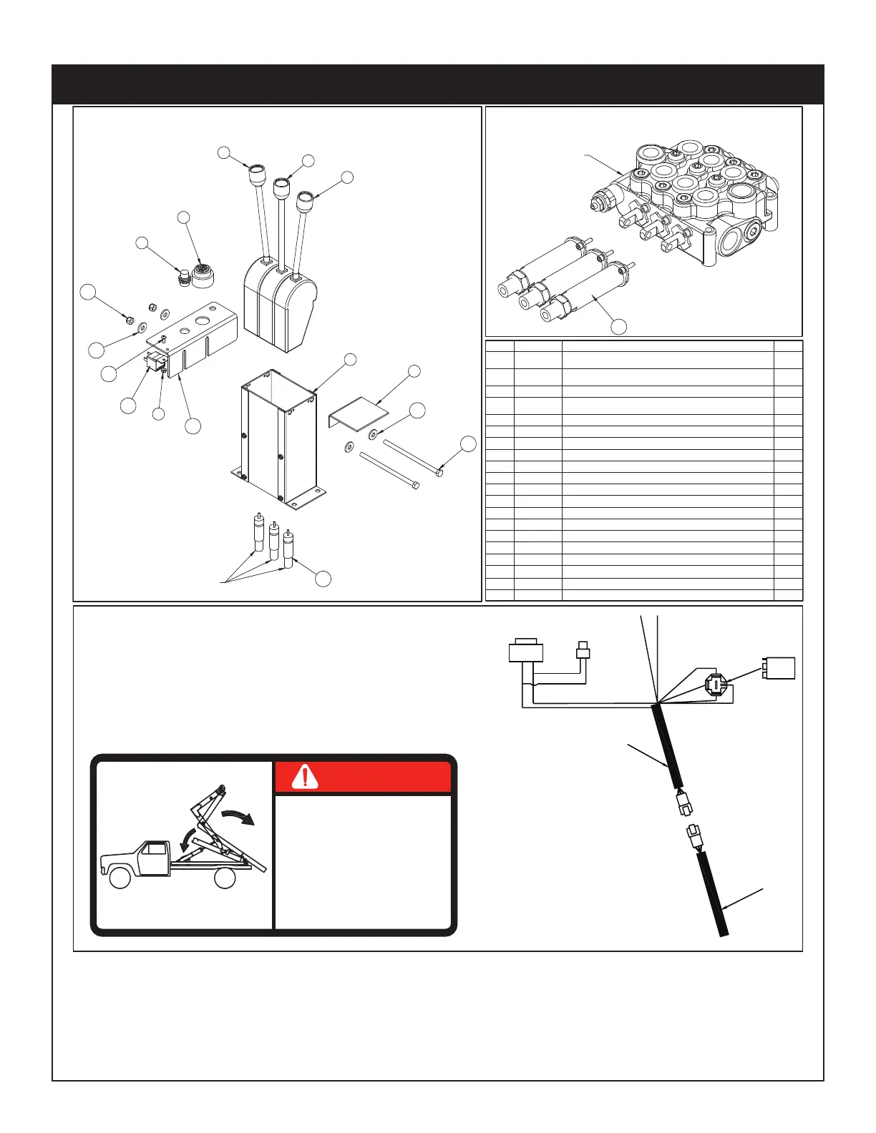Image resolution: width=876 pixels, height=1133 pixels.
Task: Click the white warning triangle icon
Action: [306, 777]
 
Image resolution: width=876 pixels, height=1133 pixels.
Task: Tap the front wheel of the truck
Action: [120, 877]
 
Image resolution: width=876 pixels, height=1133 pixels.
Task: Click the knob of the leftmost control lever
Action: [255, 175]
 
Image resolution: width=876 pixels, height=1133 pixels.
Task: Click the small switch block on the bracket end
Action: [154, 362]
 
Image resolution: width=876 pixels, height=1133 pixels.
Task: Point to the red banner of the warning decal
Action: [364, 778]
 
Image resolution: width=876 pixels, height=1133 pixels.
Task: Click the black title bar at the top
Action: [438, 84]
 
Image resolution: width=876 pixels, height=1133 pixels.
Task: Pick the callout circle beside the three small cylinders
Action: [323, 579]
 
